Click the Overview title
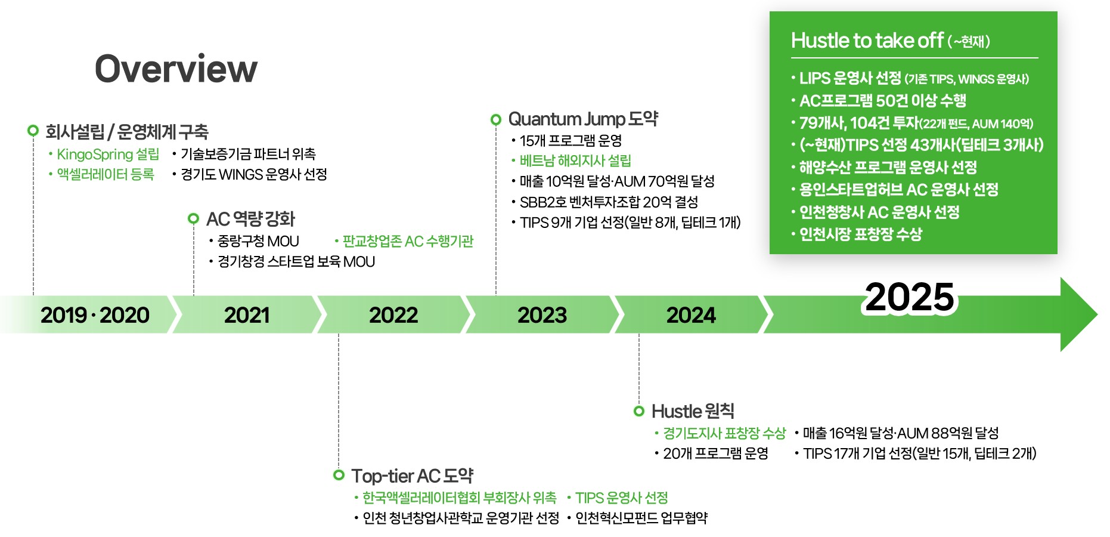tap(176, 69)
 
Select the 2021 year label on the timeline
tap(247, 315)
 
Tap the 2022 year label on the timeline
tap(393, 315)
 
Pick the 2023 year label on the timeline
tap(542, 315)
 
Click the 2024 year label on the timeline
tap(691, 315)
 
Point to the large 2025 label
tap(909, 297)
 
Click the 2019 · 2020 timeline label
tap(95, 315)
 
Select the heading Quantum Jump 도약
tap(582, 119)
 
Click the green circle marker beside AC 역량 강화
tap(193, 218)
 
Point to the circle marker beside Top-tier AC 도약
tap(339, 475)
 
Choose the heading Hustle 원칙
tap(693, 411)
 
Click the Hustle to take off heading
tap(867, 41)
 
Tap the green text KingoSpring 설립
tap(108, 155)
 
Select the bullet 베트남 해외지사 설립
tap(575, 161)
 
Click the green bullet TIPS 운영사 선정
tap(621, 498)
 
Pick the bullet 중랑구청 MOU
tap(258, 242)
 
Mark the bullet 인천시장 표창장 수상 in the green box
tap(860, 234)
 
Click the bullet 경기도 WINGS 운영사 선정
tap(253, 175)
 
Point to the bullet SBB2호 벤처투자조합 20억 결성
tap(608, 202)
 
